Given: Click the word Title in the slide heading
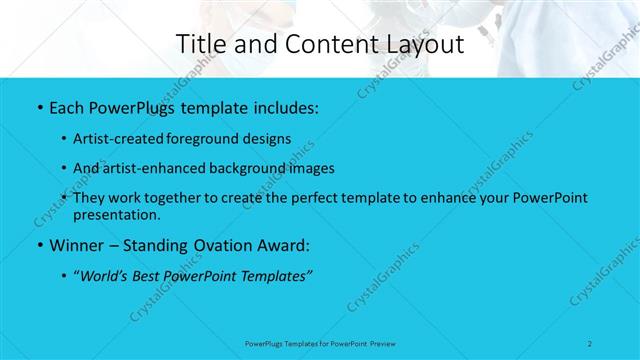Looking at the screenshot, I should (x=201, y=44).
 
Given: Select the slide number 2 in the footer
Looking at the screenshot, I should (x=591, y=343).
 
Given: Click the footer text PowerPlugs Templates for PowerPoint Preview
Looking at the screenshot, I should (x=320, y=343).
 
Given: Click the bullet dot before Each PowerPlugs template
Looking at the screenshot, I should (x=37, y=106).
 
